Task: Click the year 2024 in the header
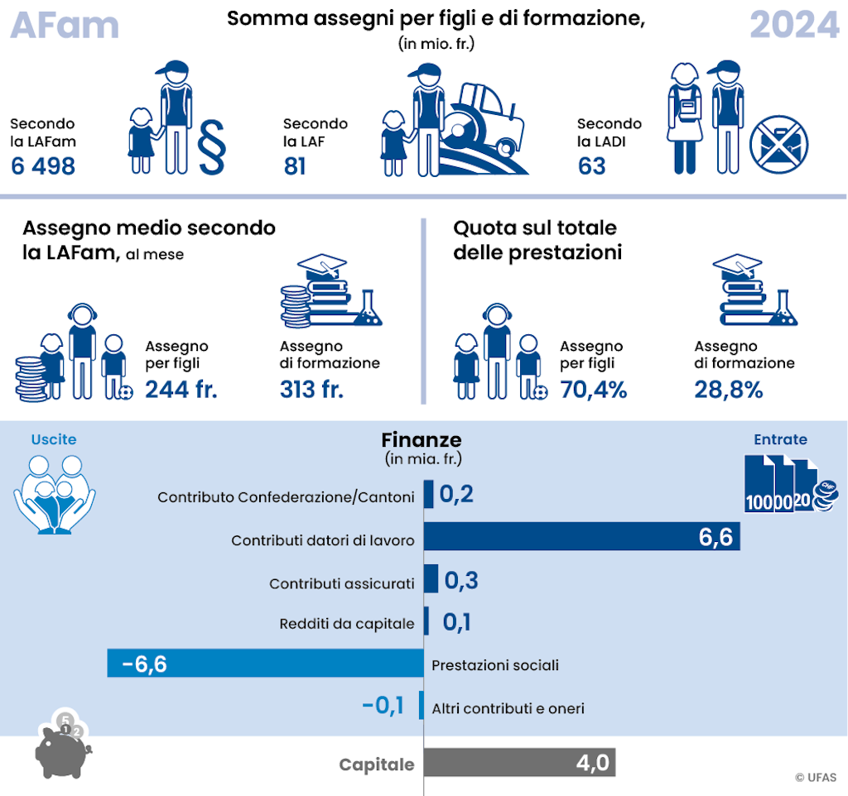pos(793,26)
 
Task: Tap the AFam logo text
pos(65,26)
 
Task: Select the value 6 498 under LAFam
pos(43,166)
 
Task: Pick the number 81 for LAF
pos(295,166)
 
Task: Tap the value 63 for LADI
pos(592,166)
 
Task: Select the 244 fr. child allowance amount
pos(181,389)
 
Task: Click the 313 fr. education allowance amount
pos(311,389)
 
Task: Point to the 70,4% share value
pos(594,389)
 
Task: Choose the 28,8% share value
pos(729,389)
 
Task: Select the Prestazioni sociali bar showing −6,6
pos(265,664)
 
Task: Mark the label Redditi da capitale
pos(347,624)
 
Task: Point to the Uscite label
pos(54,440)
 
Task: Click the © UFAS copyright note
pos(815,778)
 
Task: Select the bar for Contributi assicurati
pos(431,579)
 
